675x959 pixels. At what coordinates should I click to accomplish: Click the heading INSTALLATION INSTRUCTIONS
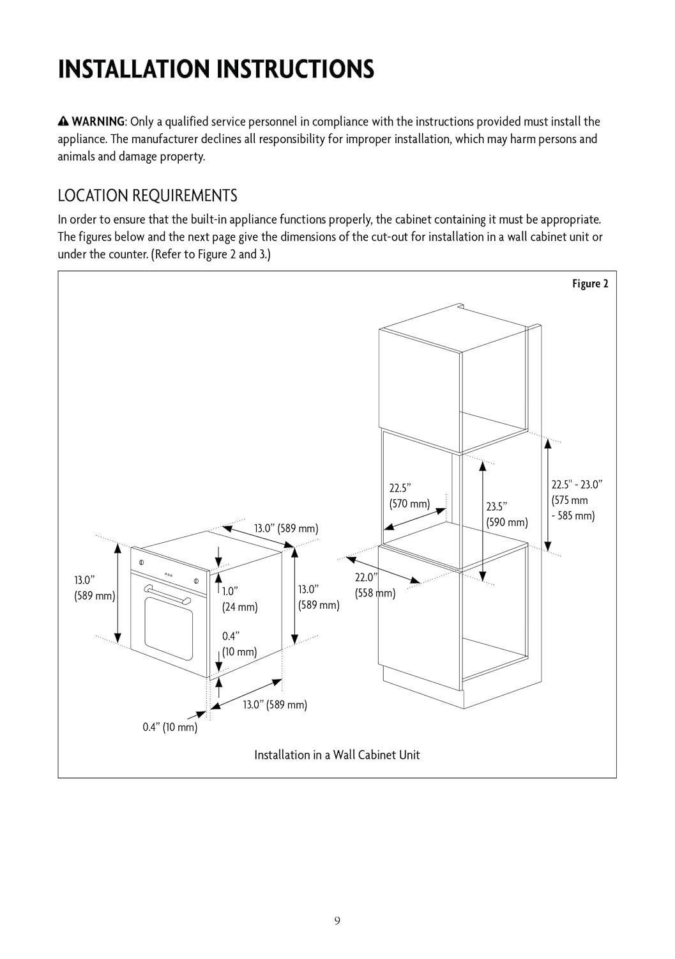coord(216,69)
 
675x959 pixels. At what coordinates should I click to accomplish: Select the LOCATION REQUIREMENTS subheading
coord(148,195)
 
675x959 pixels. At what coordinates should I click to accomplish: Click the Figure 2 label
coord(589,284)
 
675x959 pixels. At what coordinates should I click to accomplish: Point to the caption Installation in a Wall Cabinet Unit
coord(337,755)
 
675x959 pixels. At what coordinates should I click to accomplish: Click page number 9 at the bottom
coord(337,921)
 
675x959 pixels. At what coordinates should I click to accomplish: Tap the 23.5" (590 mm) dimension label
coord(506,515)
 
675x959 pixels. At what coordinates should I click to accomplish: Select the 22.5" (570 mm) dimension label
coord(409,495)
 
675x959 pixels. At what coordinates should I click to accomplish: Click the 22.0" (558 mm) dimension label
coord(374,585)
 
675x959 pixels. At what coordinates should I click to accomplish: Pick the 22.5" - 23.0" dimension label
coord(576,500)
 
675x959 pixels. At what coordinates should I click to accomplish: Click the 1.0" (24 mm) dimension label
coord(239,599)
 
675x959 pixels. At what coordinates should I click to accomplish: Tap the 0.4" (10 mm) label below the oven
coord(170,727)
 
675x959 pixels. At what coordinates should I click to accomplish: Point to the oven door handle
coord(167,594)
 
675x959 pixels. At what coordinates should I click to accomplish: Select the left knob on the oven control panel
coord(142,563)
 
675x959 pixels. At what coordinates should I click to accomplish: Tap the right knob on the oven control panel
coord(196,581)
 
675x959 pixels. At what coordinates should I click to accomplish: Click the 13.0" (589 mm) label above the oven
coord(285,529)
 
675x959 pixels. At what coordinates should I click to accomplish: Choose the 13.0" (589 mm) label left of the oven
coord(94,588)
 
